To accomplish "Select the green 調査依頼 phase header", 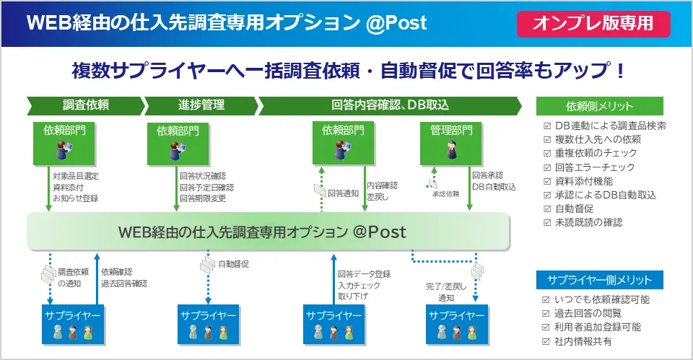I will pos(85,105).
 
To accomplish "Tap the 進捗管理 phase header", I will pos(201,105).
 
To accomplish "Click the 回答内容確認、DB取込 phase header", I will pos(390,105).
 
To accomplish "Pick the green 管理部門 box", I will pos(452,131).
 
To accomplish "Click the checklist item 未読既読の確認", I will pos(588,222).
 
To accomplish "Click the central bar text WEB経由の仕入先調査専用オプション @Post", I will pos(263,232).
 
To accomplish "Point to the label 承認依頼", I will pos(445,195).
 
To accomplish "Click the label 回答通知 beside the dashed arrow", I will pos(343,193).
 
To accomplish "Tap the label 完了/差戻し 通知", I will pos(446,291).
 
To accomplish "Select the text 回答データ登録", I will pos(364,273).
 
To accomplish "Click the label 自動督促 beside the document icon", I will pos(233,264).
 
